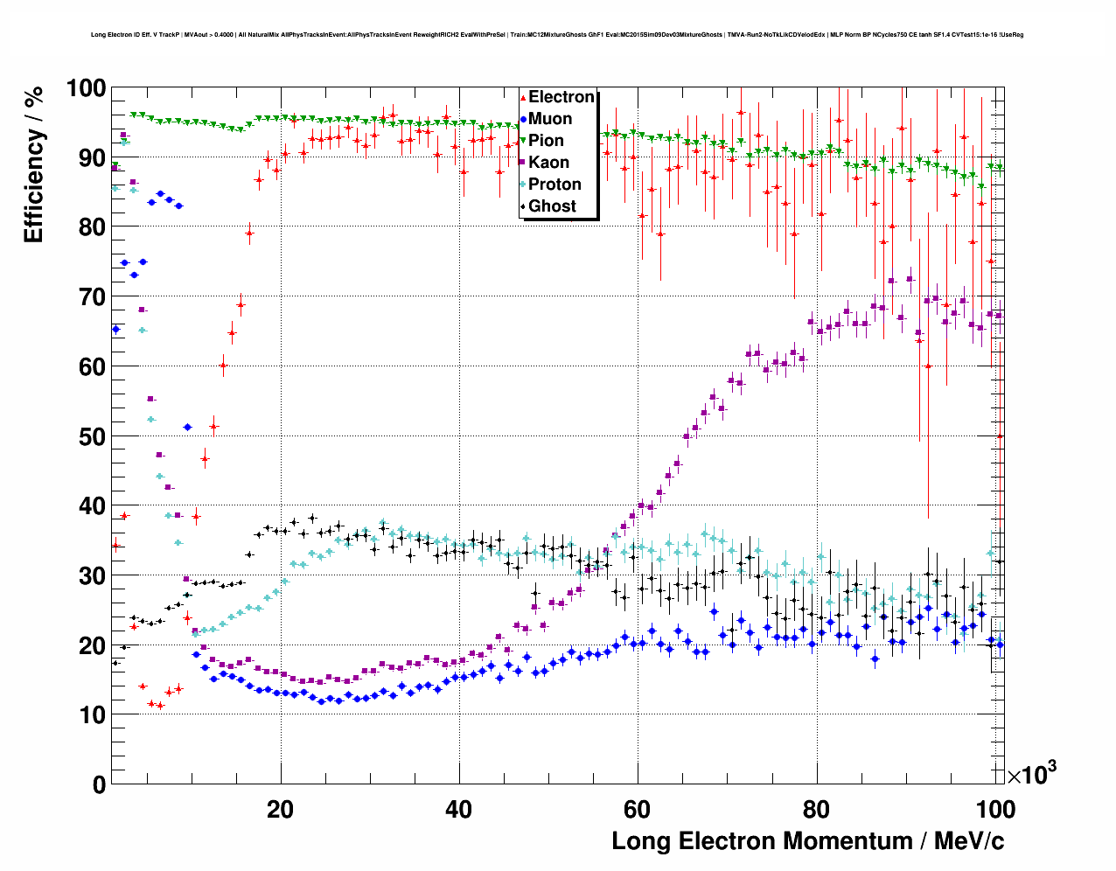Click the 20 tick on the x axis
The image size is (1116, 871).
tap(281, 810)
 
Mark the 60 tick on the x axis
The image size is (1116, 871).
tap(638, 810)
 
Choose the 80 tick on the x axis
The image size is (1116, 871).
tap(816, 810)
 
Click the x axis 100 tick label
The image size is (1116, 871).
tap(995, 810)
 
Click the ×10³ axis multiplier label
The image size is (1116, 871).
tap(1031, 773)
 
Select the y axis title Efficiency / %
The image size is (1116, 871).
tap(33, 164)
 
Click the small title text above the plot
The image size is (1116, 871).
tap(557, 35)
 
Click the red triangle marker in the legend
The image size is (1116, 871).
tap(523, 97)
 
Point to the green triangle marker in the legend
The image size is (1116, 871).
tap(523, 141)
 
